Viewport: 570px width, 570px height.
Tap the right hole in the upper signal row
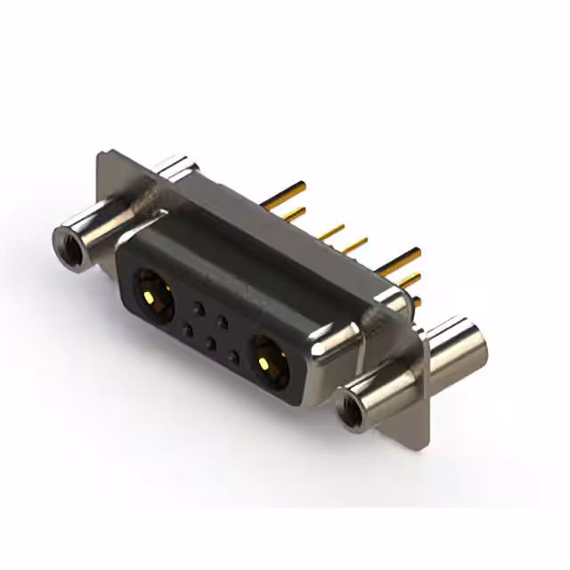pyautogui.click(x=224, y=322)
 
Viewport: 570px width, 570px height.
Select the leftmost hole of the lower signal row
pyautogui.click(x=187, y=330)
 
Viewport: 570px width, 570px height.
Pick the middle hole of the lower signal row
pyautogui.click(x=210, y=343)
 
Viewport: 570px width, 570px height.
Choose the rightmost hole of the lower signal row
pyautogui.click(x=233, y=357)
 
